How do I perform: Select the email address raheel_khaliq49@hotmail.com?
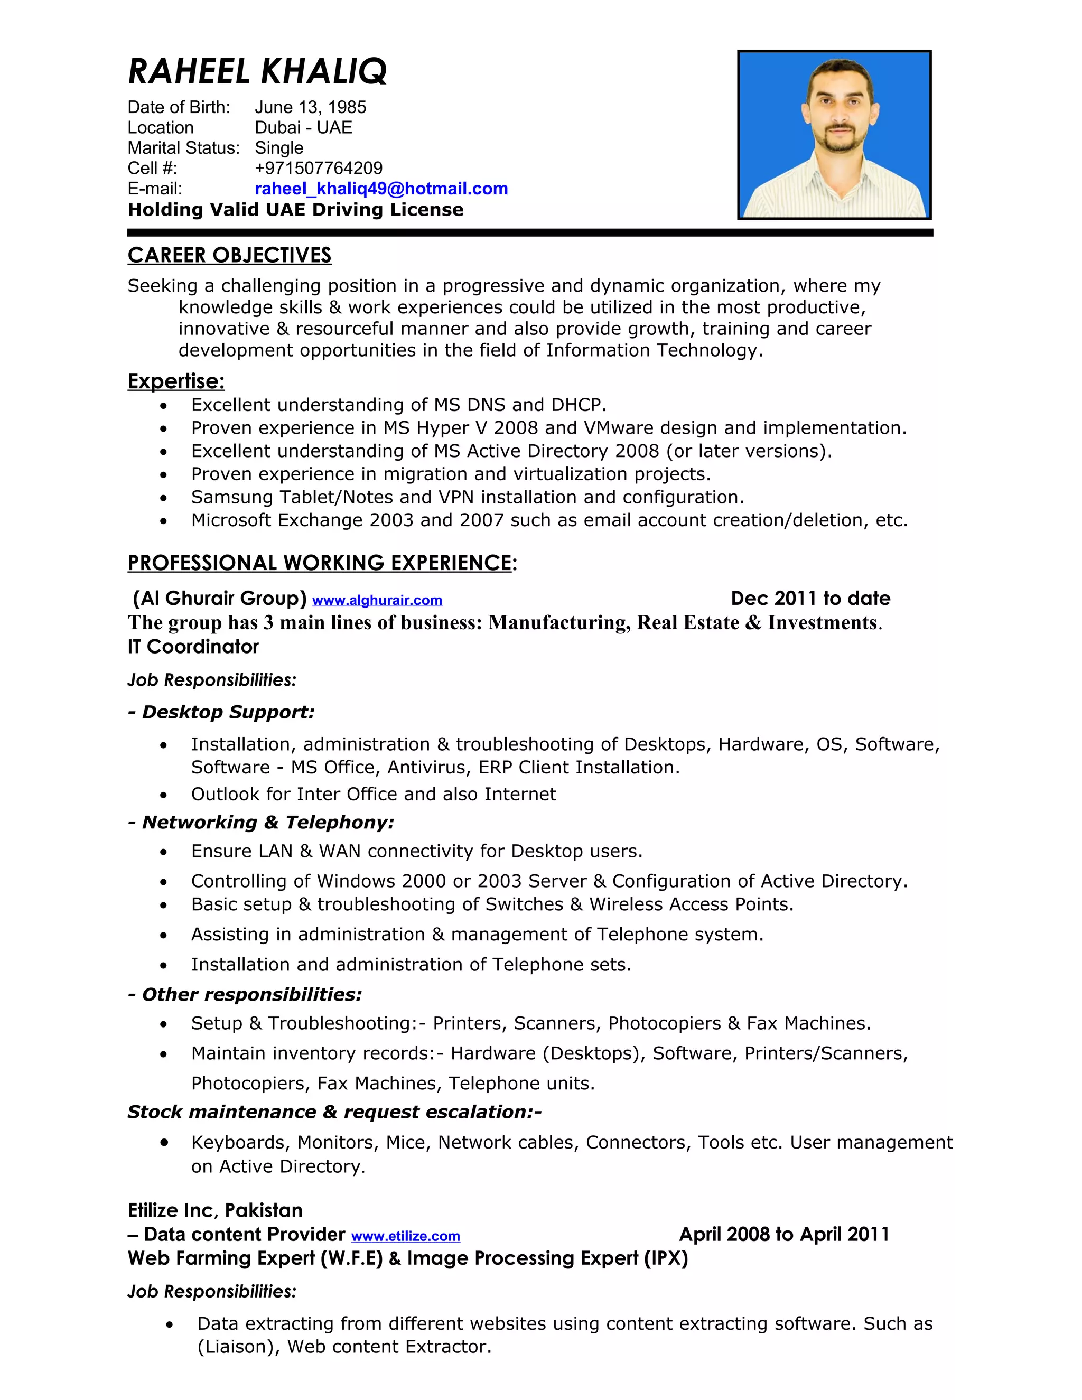coord(381,189)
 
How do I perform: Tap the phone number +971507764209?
coord(318,168)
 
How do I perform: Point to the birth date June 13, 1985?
coord(310,107)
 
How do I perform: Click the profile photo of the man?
coord(833,135)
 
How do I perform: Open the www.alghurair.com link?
coord(377,601)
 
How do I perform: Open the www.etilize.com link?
coord(405,1236)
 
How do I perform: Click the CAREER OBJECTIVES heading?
coord(229,255)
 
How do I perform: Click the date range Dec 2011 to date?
coord(810,598)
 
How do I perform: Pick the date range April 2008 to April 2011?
coord(783,1234)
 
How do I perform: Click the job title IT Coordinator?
coord(193,646)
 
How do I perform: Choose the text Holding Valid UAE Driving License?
coord(295,210)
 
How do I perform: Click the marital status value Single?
coord(279,147)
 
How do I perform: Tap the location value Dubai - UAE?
coord(303,127)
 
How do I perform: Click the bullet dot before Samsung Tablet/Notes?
coord(164,498)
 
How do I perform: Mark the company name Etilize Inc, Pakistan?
coord(214,1210)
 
